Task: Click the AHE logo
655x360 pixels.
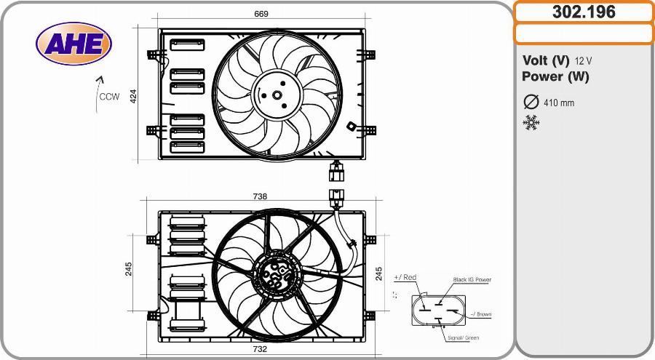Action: pyautogui.click(x=74, y=44)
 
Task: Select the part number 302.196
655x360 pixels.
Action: pyautogui.click(x=584, y=12)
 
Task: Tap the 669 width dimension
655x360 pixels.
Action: pyautogui.click(x=261, y=14)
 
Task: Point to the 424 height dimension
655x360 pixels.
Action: pyautogui.click(x=133, y=96)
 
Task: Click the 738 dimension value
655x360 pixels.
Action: pyautogui.click(x=260, y=196)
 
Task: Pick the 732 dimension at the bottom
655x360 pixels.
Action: pyautogui.click(x=260, y=349)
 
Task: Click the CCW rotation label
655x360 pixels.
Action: pyautogui.click(x=109, y=97)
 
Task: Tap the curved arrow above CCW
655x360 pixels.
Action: pyautogui.click(x=97, y=94)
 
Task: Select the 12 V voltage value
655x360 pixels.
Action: pyautogui.click(x=583, y=61)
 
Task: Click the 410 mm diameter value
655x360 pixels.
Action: pyautogui.click(x=559, y=103)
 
